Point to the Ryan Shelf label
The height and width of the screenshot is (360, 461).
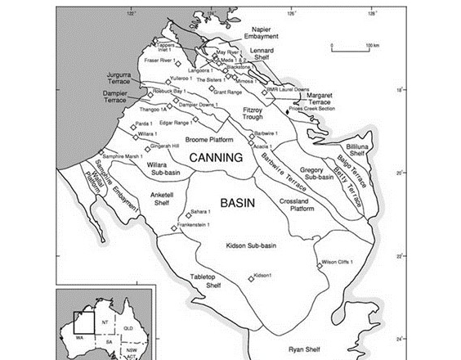[x=307, y=349]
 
